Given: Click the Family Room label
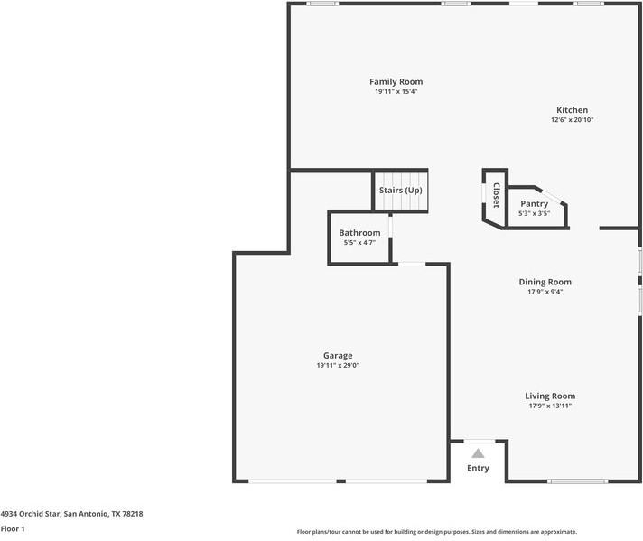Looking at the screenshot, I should (x=396, y=82).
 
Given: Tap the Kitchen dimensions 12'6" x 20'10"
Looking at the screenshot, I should (x=572, y=119).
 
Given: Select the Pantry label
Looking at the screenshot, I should (x=534, y=204).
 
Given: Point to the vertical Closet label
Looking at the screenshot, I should (x=496, y=196).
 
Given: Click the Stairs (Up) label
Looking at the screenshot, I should (x=400, y=191).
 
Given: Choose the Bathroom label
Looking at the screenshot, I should (x=359, y=233).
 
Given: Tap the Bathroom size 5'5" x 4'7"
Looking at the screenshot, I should (x=359, y=242).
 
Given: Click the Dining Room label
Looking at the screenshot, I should (x=545, y=282).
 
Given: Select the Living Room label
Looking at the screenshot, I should (x=550, y=396).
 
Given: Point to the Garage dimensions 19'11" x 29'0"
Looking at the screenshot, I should (x=338, y=365).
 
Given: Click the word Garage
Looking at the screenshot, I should (x=338, y=355).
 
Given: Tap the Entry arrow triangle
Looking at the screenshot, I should (x=478, y=453).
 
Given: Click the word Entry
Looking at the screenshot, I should (x=478, y=468).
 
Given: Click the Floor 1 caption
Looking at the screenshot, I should (x=13, y=528).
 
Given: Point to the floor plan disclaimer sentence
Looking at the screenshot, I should (x=436, y=532).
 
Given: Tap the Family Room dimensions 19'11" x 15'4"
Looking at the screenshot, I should (x=396, y=91).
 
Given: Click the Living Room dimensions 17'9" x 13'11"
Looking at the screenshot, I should (x=550, y=406).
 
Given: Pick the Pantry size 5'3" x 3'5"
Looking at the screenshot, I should (x=534, y=213).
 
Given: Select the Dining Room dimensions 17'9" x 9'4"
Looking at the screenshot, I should (x=545, y=292).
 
